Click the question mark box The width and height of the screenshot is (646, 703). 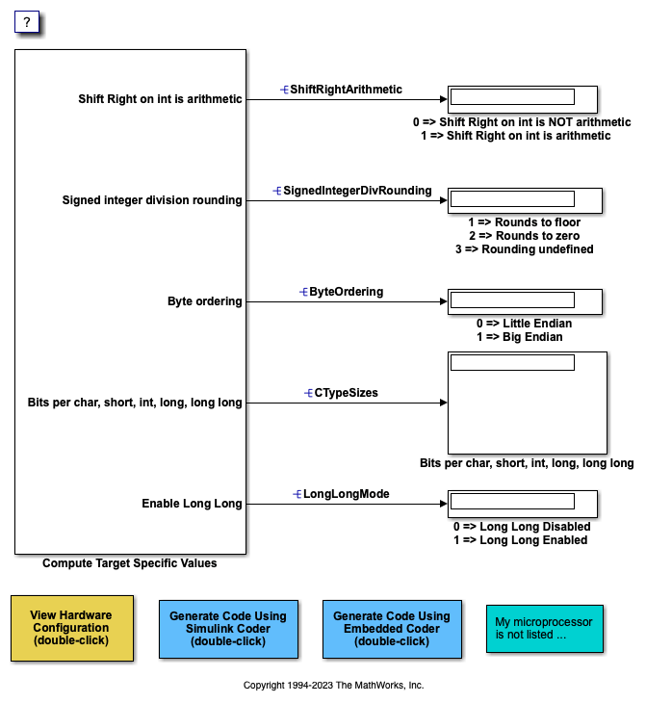click(x=28, y=23)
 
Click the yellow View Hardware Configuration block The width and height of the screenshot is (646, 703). click(x=71, y=628)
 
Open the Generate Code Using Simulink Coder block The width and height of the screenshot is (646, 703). click(x=228, y=628)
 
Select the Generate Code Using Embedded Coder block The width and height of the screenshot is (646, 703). click(x=391, y=628)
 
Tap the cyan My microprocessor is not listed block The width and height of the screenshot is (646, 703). click(x=545, y=628)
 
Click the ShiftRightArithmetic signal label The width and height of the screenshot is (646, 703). click(x=346, y=89)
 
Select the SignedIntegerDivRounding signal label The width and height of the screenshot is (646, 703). click(x=356, y=191)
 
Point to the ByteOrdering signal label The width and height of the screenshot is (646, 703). click(x=346, y=291)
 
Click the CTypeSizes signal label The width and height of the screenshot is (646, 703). click(x=347, y=393)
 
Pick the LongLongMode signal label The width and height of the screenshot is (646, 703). click(x=346, y=494)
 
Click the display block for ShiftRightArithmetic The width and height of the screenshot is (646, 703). click(x=523, y=99)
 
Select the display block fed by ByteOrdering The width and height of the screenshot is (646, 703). click(x=525, y=301)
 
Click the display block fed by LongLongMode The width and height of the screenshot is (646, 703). click(x=523, y=504)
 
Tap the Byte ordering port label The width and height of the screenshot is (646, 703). click(x=204, y=301)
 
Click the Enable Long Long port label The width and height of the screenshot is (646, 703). click(x=192, y=504)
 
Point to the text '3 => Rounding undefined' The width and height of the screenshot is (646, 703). click(x=525, y=248)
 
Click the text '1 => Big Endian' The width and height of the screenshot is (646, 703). click(x=520, y=337)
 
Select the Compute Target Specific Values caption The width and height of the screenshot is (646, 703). click(x=130, y=563)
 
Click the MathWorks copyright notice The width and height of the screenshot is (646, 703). click(x=333, y=686)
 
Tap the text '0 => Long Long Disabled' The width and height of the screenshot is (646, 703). click(x=522, y=527)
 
